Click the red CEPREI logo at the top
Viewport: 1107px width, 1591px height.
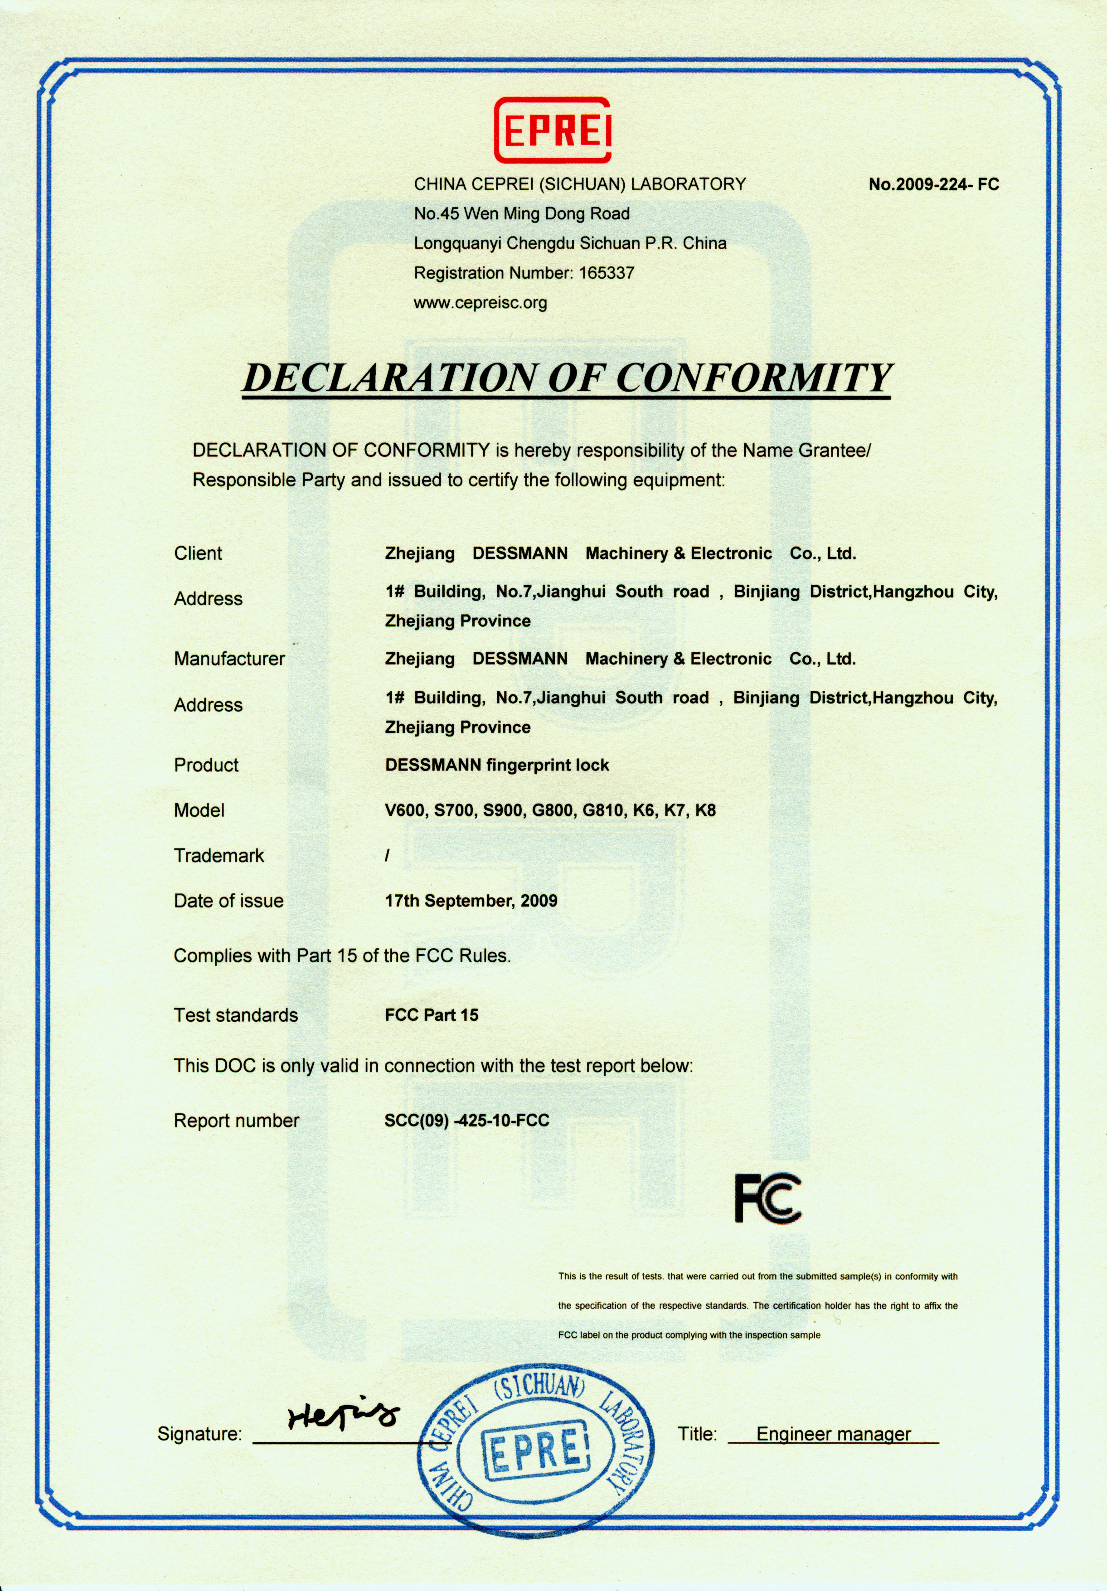click(x=553, y=130)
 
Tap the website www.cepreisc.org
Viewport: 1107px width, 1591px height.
click(x=481, y=303)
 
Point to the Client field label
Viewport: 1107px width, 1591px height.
click(x=198, y=553)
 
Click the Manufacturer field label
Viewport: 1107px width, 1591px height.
click(x=229, y=659)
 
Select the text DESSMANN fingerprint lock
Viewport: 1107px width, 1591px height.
click(x=497, y=765)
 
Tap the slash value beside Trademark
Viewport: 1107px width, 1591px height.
click(x=387, y=856)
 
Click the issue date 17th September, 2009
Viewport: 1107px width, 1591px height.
click(x=471, y=901)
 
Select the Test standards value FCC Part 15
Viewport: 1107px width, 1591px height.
click(x=432, y=1015)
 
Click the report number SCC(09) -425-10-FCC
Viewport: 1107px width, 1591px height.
click(x=466, y=1120)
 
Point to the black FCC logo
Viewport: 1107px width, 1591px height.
click(x=767, y=1198)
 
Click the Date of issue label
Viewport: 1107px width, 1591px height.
click(x=229, y=901)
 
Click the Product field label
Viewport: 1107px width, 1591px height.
click(x=206, y=765)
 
